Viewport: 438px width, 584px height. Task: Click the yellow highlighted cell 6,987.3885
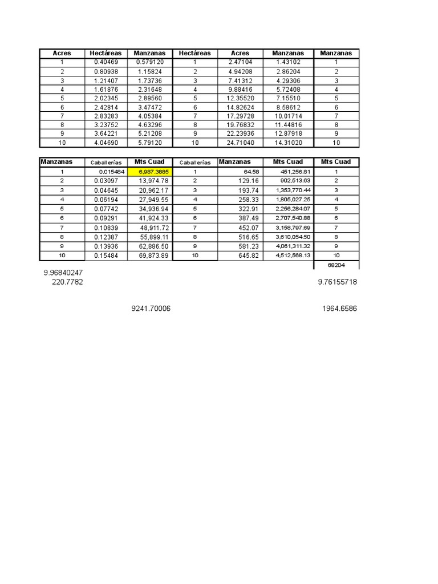click(x=151, y=171)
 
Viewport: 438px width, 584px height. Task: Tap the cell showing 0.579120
click(x=149, y=62)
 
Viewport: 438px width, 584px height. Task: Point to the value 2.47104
click(x=240, y=62)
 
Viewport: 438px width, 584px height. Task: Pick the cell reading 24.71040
click(x=240, y=143)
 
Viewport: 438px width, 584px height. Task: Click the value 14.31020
click(x=287, y=143)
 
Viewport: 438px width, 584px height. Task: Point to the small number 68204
click(x=336, y=265)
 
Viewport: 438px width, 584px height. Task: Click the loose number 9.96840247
click(x=63, y=273)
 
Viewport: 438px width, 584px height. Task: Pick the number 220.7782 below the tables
click(x=67, y=282)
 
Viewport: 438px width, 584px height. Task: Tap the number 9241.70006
click(x=151, y=309)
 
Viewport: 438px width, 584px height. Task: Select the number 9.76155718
click(x=338, y=282)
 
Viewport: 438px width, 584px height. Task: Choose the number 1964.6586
click(x=340, y=309)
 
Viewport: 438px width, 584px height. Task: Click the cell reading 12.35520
click(x=240, y=98)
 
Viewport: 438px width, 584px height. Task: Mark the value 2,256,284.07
click(x=292, y=208)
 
